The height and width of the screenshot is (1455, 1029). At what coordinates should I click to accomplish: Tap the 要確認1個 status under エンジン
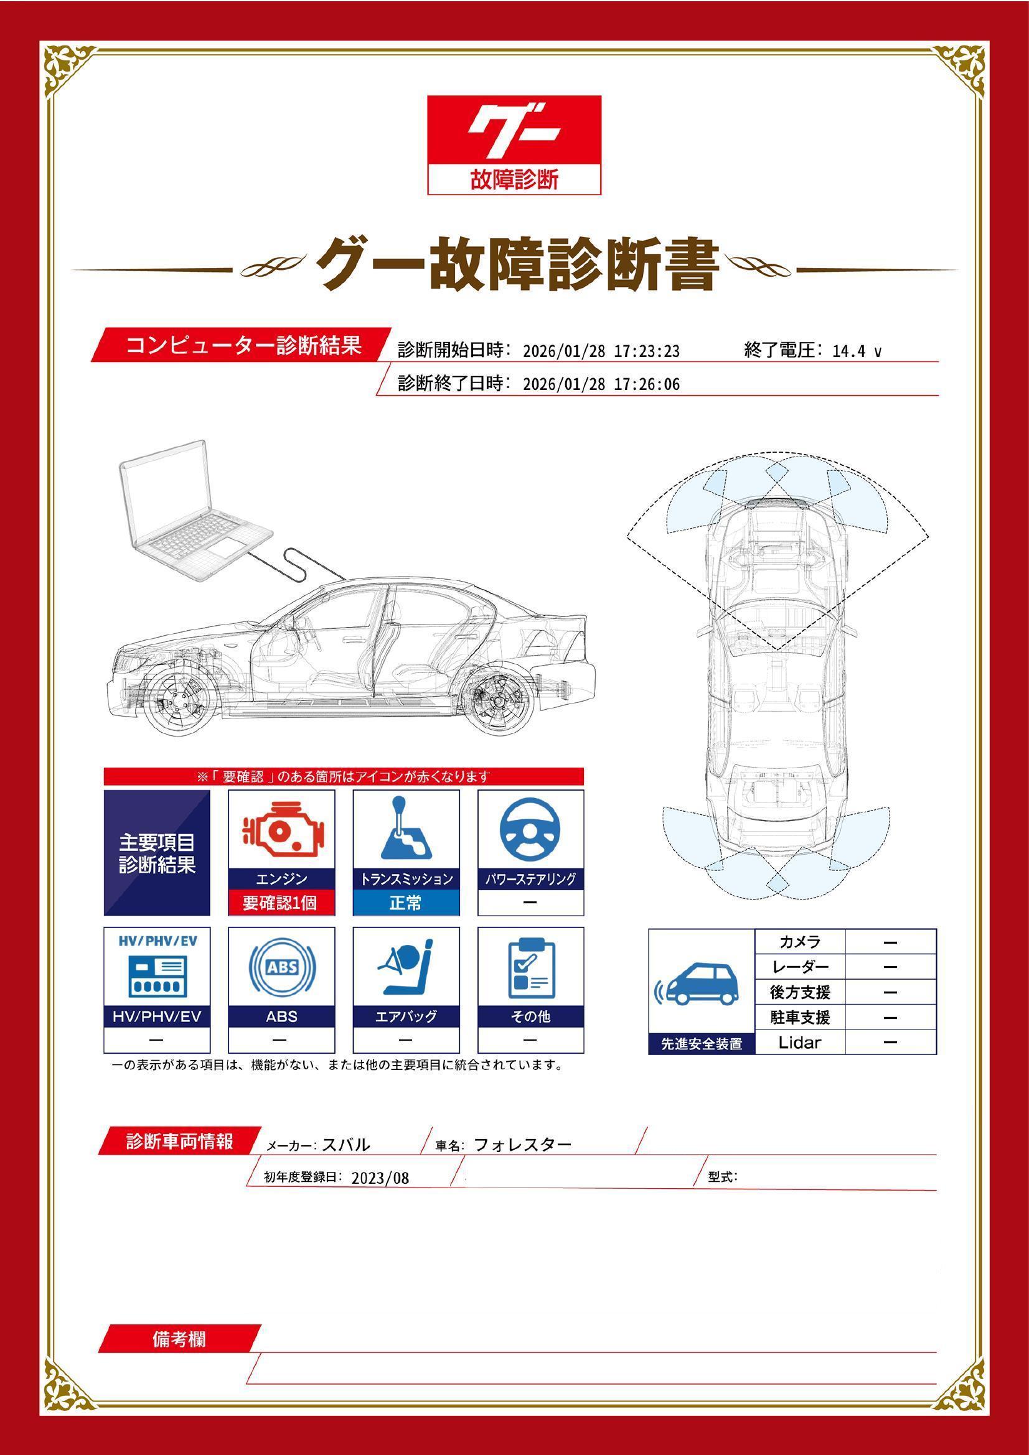[281, 903]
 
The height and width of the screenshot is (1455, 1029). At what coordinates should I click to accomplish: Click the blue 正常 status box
[406, 903]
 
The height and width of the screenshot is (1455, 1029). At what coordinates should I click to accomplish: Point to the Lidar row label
[799, 1042]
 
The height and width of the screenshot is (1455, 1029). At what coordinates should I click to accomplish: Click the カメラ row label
[799, 942]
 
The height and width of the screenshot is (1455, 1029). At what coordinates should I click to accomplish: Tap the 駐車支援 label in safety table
[799, 1017]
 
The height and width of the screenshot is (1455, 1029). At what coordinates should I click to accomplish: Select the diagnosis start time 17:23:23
[647, 351]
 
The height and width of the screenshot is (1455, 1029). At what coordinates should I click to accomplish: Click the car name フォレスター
[522, 1145]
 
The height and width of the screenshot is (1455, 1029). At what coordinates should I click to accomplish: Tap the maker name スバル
[345, 1145]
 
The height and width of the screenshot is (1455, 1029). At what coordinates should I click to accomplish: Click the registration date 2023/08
[380, 1178]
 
